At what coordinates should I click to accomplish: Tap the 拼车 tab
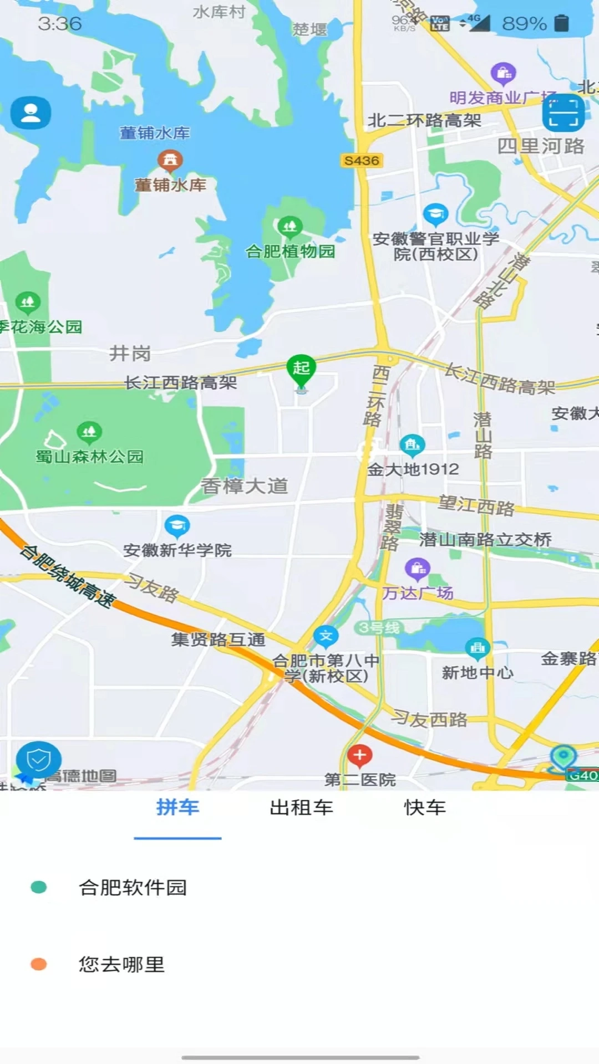point(177,808)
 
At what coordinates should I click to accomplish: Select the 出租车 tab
point(301,808)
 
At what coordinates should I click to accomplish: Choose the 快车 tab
point(425,808)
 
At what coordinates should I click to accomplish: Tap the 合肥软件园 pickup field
point(133,888)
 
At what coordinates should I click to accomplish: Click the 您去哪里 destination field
point(122,965)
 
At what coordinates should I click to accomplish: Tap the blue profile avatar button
point(31,113)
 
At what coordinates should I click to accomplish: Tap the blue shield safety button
point(38,760)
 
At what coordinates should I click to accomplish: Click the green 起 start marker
point(301,369)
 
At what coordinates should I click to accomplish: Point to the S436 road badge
point(361,161)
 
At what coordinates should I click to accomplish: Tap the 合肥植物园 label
point(290,252)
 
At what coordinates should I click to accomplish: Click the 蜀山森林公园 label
point(90,457)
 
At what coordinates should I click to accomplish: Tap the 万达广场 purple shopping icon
point(418,568)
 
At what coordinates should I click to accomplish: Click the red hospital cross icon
point(359,755)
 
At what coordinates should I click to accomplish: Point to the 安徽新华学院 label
point(177,550)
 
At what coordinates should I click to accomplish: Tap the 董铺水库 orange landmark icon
point(170,160)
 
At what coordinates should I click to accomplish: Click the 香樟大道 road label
point(245,486)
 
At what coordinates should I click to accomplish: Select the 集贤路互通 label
point(219,640)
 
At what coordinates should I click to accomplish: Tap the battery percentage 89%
point(524,23)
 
